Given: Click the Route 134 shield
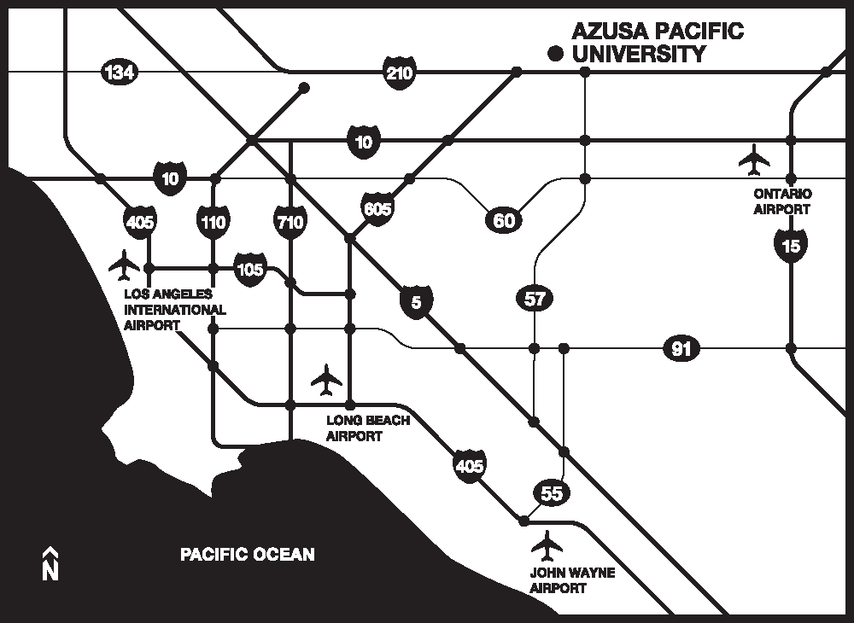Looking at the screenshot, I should pos(118,73).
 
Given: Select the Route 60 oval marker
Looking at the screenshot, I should pos(504,221).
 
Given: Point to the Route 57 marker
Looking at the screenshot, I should pos(535,299).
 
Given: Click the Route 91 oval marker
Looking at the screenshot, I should pos(681,348).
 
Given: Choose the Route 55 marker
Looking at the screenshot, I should pos(552,492).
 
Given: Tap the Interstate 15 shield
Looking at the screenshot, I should pos(791,246).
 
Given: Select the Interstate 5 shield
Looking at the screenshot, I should pos(416,302).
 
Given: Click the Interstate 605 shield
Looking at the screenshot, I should pos(377,207).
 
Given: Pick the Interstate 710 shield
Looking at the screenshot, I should pos(290,223).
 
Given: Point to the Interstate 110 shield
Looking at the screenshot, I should pos(213,223).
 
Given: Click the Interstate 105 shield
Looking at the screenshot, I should pos(249,269).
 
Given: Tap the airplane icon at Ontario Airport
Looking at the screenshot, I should pos(754,159).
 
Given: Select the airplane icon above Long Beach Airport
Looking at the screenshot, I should pos(326,380).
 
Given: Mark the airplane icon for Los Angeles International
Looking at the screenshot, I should pos(125,265).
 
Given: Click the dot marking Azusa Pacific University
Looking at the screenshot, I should pos(556,54).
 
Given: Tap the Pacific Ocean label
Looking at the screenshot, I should pos(247,555).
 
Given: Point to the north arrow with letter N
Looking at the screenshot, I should pos(50,563).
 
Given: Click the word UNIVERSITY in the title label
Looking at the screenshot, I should pos(639,55).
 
